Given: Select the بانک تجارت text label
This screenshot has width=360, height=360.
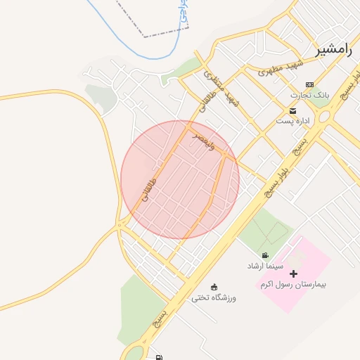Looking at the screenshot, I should point(309,94).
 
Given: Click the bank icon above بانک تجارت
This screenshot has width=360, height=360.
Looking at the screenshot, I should point(309,84).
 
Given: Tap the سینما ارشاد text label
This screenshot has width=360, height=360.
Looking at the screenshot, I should point(264,266).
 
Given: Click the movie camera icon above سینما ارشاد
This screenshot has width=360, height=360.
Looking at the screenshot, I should point(265,255).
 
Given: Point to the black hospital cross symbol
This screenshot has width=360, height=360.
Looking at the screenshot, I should point(293,274).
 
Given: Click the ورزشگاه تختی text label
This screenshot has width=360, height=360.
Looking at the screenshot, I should point(214,297).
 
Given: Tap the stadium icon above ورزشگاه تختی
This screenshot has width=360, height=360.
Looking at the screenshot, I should point(214,287).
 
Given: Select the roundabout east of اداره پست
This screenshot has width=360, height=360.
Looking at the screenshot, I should point(326,115).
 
